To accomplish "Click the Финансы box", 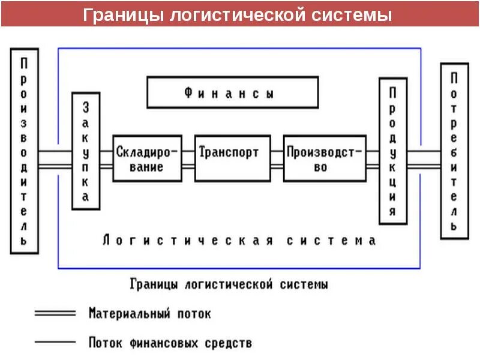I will pyautogui.click(x=233, y=93).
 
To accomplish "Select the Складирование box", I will pyautogui.click(x=147, y=158).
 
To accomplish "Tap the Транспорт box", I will pyautogui.click(x=232, y=158).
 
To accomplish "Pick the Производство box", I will pyautogui.click(x=324, y=158).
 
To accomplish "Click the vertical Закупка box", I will pyautogui.click(x=86, y=151).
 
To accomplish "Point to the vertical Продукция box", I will pyautogui.click(x=392, y=151).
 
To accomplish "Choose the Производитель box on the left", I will pyautogui.click(x=24, y=151).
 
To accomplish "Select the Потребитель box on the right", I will pyautogui.click(x=455, y=151).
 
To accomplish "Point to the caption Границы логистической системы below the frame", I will pyautogui.click(x=229, y=284).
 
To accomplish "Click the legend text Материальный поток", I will pyautogui.click(x=150, y=313).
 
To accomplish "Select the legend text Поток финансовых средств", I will pyautogui.click(x=170, y=343).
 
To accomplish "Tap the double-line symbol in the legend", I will pyautogui.click(x=55, y=313).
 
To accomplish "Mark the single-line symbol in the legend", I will pyautogui.click(x=55, y=343).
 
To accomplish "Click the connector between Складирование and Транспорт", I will pyautogui.click(x=188, y=158).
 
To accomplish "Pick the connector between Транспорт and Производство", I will pyautogui.click(x=277, y=158).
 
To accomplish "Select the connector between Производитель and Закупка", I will pyautogui.click(x=55, y=158).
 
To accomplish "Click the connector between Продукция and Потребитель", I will pyautogui.click(x=424, y=158).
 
